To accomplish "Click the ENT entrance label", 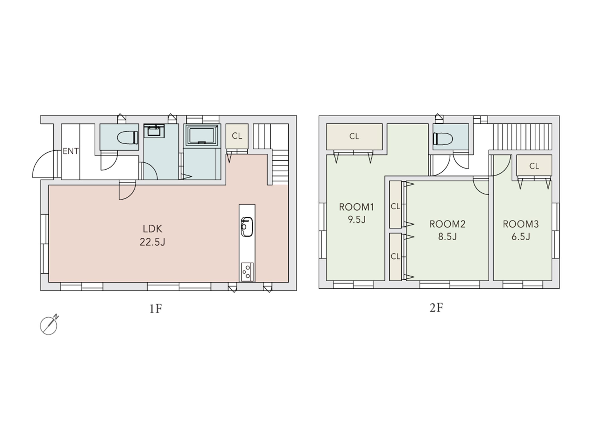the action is [71, 151].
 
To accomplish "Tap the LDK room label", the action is [152, 228].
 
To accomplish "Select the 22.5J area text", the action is [152, 242].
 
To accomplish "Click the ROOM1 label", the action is [356, 207].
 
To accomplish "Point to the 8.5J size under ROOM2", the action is [447, 236].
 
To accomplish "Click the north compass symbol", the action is [49, 325].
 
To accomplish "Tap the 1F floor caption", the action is [156, 309].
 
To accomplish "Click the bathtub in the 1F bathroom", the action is [203, 135].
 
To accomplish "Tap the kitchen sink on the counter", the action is [247, 227].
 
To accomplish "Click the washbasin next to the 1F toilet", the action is [154, 131].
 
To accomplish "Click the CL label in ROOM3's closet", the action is [534, 166].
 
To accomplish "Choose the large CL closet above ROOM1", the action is [354, 137].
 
